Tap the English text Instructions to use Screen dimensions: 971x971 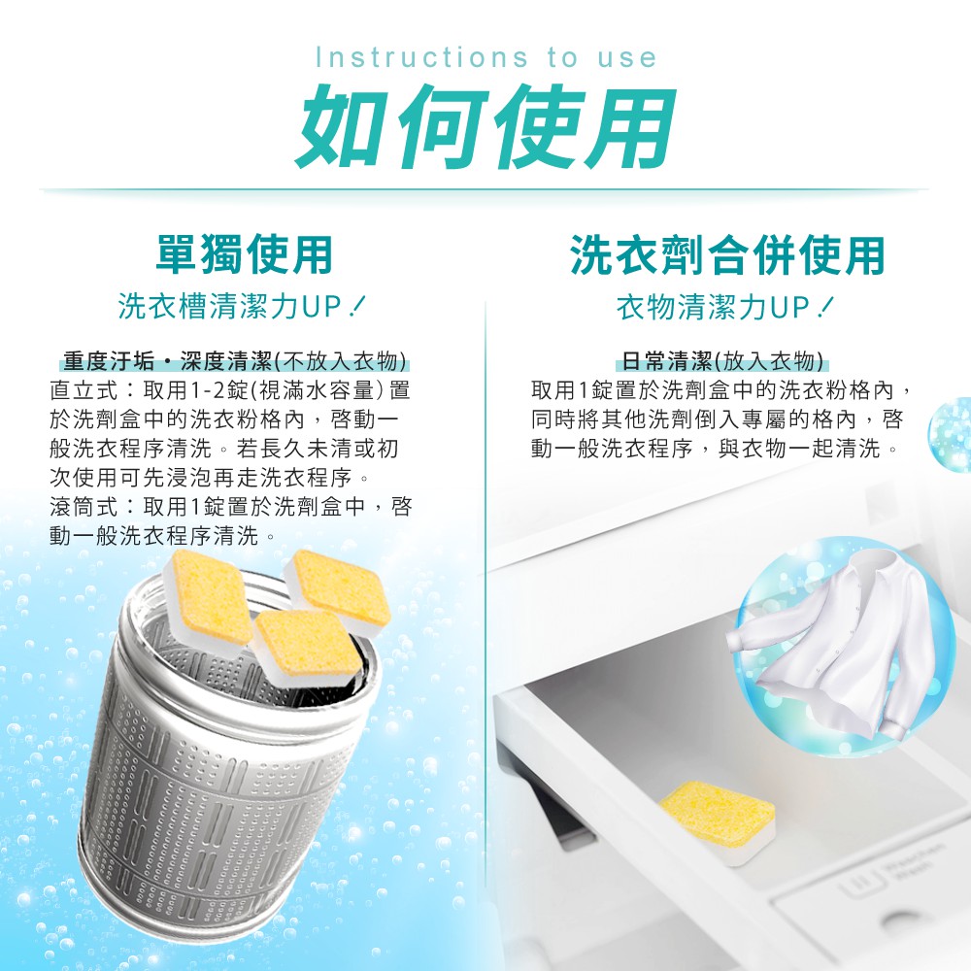coord(486,57)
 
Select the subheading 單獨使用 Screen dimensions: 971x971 coord(244,254)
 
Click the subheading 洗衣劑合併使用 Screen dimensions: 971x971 coord(727,254)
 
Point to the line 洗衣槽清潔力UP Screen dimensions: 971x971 coord(242,306)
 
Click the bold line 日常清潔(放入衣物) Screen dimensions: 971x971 coord(722,360)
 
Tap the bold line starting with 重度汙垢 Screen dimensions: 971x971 coord(235,360)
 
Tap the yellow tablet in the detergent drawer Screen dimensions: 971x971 coord(717,821)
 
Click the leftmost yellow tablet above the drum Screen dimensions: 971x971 coord(209,597)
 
